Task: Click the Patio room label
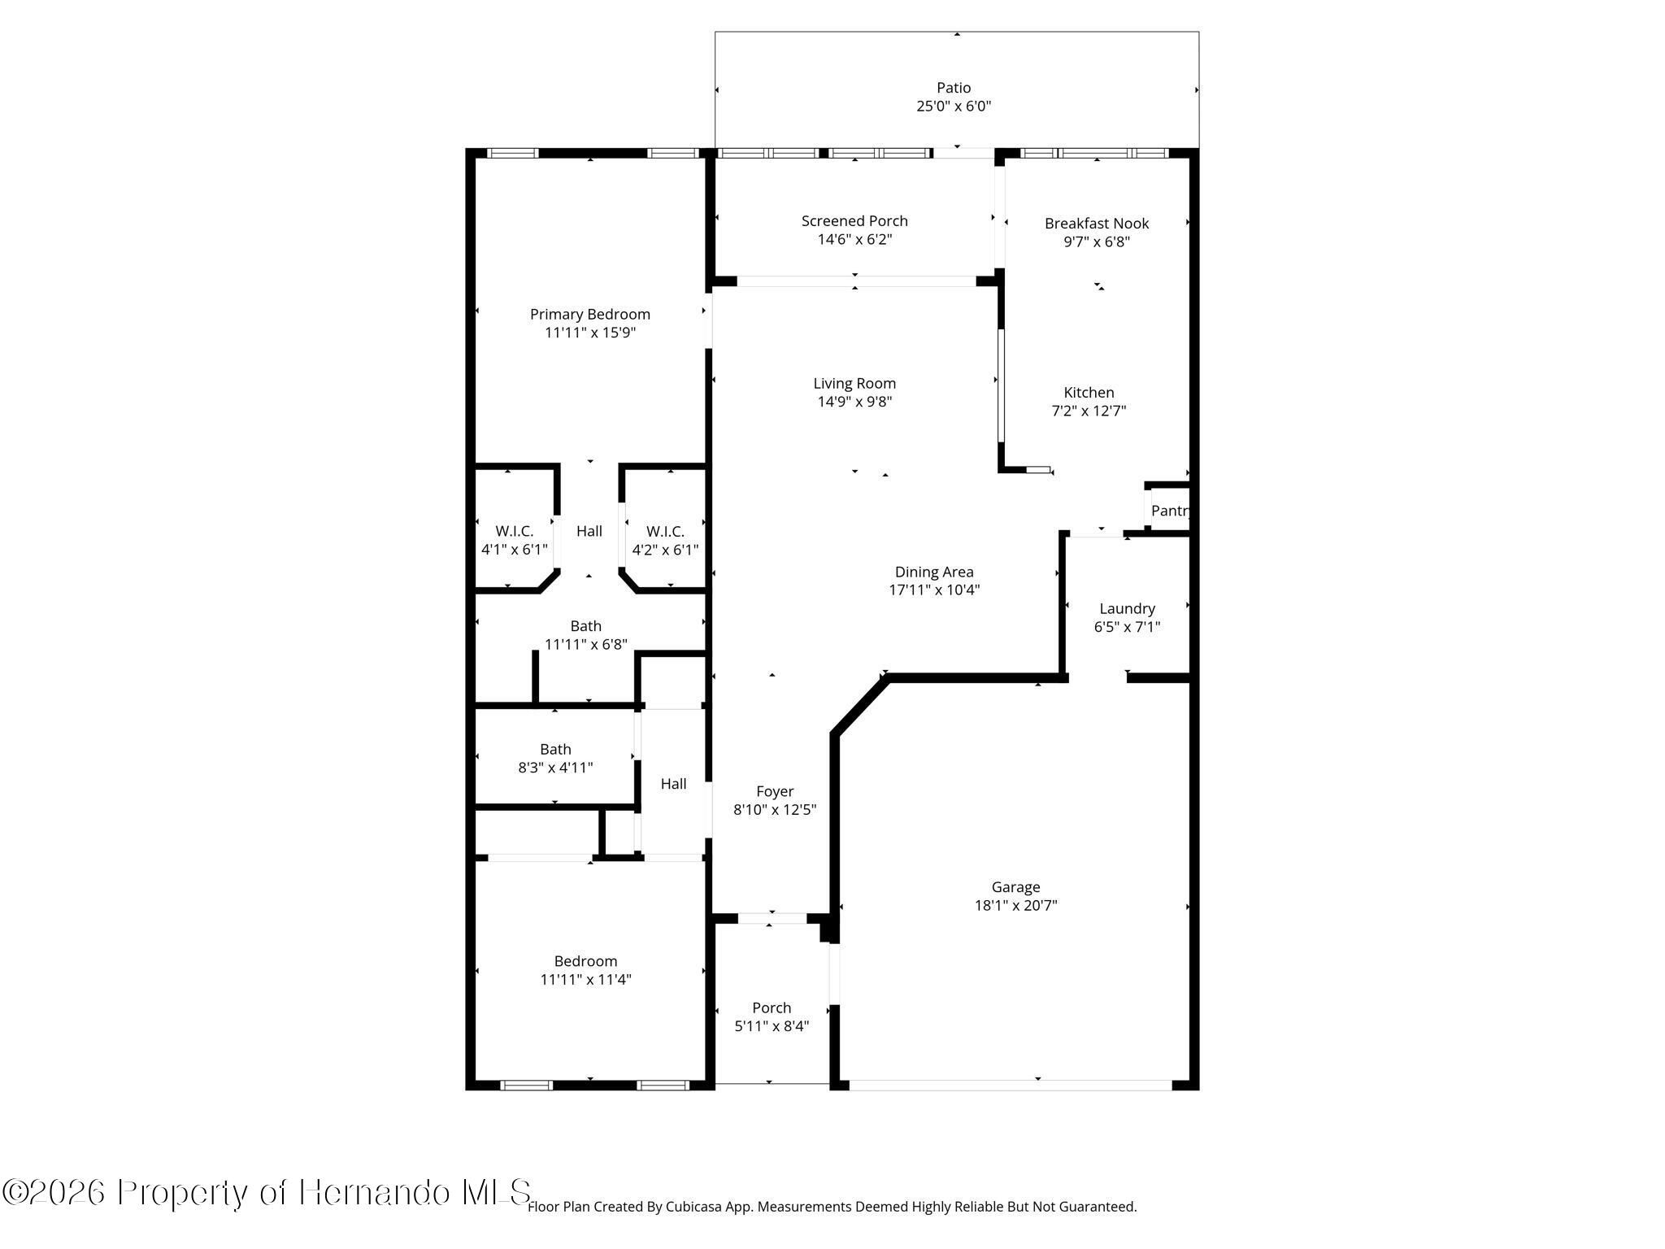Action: pyautogui.click(x=954, y=88)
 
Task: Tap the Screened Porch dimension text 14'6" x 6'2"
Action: pyautogui.click(x=854, y=239)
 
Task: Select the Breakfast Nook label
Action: pyautogui.click(x=1097, y=223)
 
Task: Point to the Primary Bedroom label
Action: pyautogui.click(x=590, y=315)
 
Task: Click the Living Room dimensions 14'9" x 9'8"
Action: pyautogui.click(x=854, y=402)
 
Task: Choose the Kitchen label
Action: pyautogui.click(x=1089, y=392)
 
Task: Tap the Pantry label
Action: pyautogui.click(x=1171, y=511)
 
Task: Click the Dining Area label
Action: pyautogui.click(x=934, y=572)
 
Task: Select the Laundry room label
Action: pyautogui.click(x=1127, y=609)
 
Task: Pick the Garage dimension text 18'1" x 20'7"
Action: pyautogui.click(x=1015, y=905)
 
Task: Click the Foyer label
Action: pyautogui.click(x=775, y=792)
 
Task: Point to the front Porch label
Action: pyautogui.click(x=772, y=1007)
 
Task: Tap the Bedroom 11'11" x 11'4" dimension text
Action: pyautogui.click(x=585, y=980)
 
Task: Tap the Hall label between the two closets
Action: pyautogui.click(x=589, y=531)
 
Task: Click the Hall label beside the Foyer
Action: pyautogui.click(x=673, y=784)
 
